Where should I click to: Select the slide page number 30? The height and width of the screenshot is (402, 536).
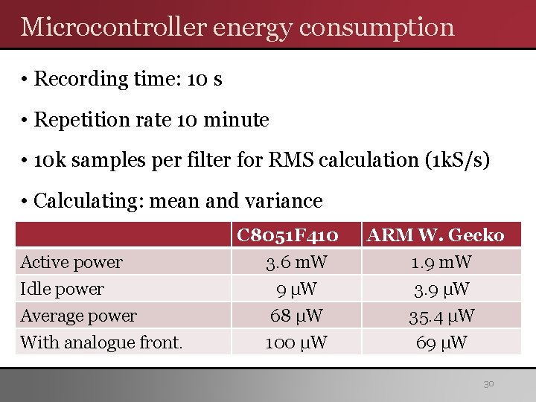[488, 384]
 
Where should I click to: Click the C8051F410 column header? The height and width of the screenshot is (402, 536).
[287, 236]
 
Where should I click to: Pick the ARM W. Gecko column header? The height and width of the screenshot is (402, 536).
[436, 236]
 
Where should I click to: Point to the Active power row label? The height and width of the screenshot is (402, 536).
[71, 262]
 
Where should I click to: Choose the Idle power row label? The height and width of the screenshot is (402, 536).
[63, 289]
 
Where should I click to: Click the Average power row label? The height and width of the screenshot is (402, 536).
[79, 316]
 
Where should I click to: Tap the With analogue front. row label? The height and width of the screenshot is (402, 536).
[101, 342]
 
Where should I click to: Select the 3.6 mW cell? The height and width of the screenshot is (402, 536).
[296, 262]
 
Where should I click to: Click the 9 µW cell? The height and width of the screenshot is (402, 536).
[296, 289]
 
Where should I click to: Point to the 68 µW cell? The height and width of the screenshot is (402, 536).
[296, 316]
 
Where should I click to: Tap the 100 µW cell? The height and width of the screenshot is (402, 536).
[296, 342]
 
